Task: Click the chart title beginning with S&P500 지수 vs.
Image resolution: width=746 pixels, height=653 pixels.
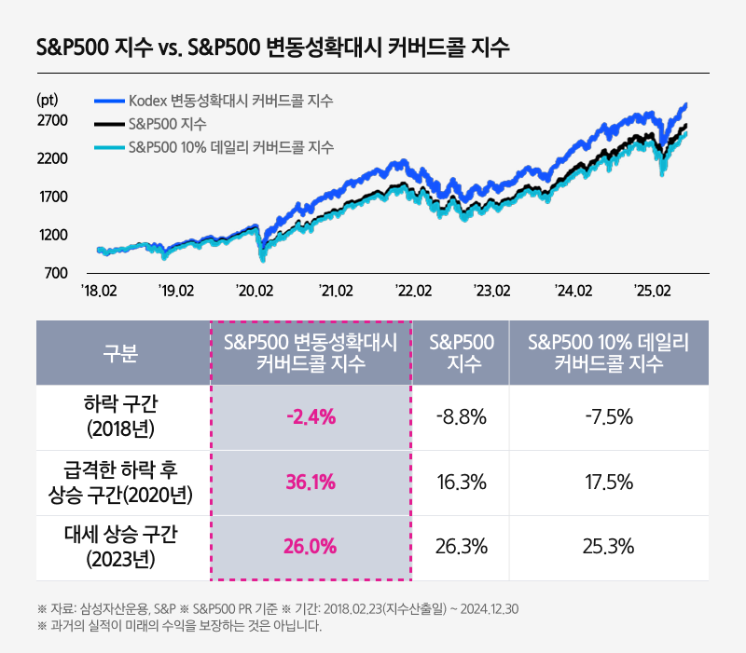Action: click(x=272, y=48)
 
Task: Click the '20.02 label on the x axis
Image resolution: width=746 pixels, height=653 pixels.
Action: click(x=256, y=292)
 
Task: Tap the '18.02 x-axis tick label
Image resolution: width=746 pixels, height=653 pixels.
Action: click(x=99, y=292)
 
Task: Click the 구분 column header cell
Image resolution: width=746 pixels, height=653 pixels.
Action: click(x=121, y=353)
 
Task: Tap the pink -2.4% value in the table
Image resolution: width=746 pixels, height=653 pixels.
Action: click(x=311, y=416)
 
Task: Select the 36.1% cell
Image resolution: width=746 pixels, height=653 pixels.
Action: click(x=311, y=483)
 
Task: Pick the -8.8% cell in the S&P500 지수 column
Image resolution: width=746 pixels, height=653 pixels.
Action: click(x=461, y=416)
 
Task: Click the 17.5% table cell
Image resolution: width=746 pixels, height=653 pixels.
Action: click(x=608, y=483)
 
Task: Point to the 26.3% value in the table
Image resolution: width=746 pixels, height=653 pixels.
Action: click(x=461, y=547)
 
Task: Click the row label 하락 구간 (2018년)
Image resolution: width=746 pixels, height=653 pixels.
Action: click(x=121, y=416)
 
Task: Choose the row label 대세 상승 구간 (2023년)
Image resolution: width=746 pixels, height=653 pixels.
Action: click(x=121, y=547)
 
